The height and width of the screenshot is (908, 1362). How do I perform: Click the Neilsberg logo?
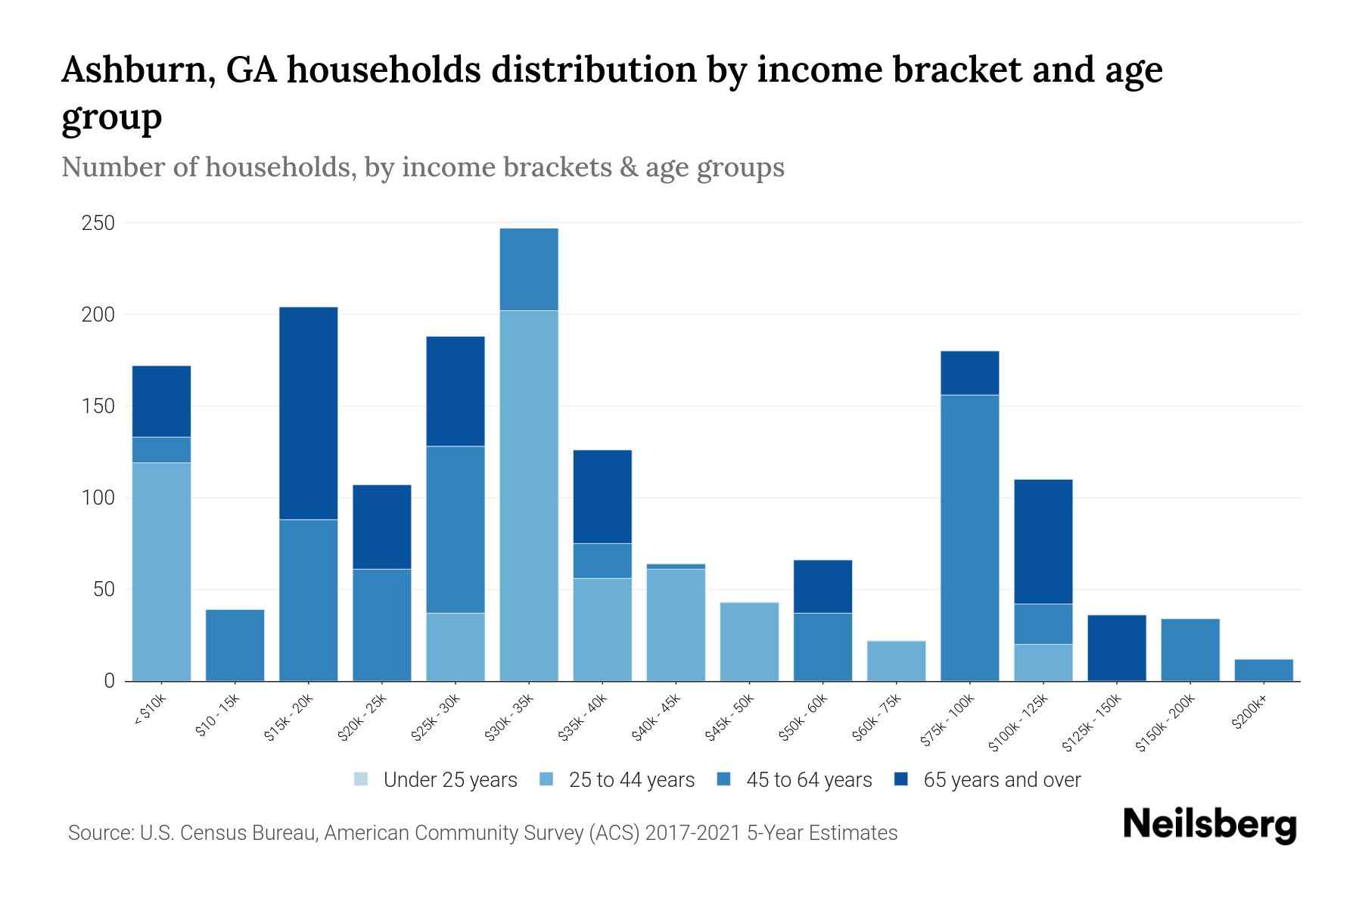pyautogui.click(x=1209, y=825)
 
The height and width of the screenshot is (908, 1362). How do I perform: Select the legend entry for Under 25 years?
pyautogui.click(x=436, y=779)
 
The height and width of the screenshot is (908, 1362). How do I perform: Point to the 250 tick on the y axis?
pyautogui.click(x=98, y=223)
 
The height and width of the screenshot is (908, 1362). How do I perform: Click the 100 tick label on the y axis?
pyautogui.click(x=98, y=498)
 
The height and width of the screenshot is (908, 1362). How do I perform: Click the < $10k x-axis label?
pyautogui.click(x=149, y=711)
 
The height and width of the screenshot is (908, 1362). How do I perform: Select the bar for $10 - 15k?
pyautogui.click(x=235, y=645)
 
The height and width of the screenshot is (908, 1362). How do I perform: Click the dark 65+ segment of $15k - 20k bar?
pyautogui.click(x=308, y=412)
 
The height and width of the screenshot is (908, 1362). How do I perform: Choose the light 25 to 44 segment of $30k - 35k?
pyautogui.click(x=529, y=496)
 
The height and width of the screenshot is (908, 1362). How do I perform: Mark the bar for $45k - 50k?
pyautogui.click(x=749, y=641)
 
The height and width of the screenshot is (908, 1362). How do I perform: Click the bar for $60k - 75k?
pyautogui.click(x=896, y=661)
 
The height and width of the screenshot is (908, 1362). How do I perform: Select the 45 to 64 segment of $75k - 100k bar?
pyautogui.click(x=969, y=537)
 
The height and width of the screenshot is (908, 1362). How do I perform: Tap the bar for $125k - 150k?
pyautogui.click(x=1116, y=648)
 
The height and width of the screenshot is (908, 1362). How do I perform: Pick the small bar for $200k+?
pyautogui.click(x=1263, y=670)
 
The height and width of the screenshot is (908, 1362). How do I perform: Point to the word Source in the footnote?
pyautogui.click(x=98, y=833)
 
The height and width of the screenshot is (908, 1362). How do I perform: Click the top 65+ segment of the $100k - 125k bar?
pyautogui.click(x=1043, y=541)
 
